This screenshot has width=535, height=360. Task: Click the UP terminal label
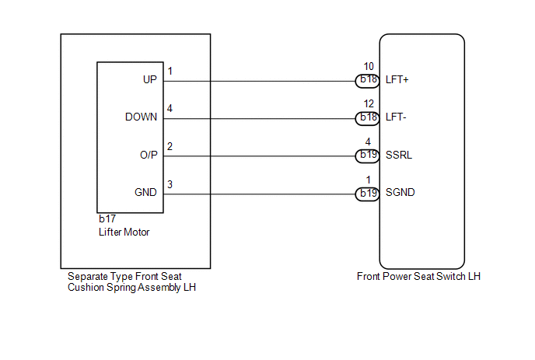tap(150, 79)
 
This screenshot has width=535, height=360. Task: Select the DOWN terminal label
tap(142, 117)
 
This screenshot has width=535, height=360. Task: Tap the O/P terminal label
tap(149, 155)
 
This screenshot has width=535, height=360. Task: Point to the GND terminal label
tap(145, 193)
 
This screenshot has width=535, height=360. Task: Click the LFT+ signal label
tap(397, 79)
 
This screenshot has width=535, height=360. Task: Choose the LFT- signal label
tap(396, 117)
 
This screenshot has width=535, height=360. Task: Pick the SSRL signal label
tap(399, 155)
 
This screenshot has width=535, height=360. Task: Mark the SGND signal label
tap(400, 193)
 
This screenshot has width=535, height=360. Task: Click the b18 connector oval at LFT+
tap(368, 81)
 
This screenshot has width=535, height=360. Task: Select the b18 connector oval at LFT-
tap(368, 118)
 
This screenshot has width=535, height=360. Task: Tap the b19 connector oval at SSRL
tap(368, 156)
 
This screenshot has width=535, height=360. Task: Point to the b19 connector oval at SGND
tap(368, 194)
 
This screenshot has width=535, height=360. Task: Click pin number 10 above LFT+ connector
tap(369, 66)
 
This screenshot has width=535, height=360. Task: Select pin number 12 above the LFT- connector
tap(369, 103)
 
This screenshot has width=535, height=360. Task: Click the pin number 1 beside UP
tap(170, 71)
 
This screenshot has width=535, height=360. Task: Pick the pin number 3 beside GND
tap(170, 184)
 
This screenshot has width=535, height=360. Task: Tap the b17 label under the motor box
tap(107, 218)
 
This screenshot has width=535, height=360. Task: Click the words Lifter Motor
tap(124, 232)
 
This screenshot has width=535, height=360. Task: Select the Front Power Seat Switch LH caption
tap(418, 276)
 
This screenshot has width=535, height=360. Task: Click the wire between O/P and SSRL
tap(259, 156)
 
